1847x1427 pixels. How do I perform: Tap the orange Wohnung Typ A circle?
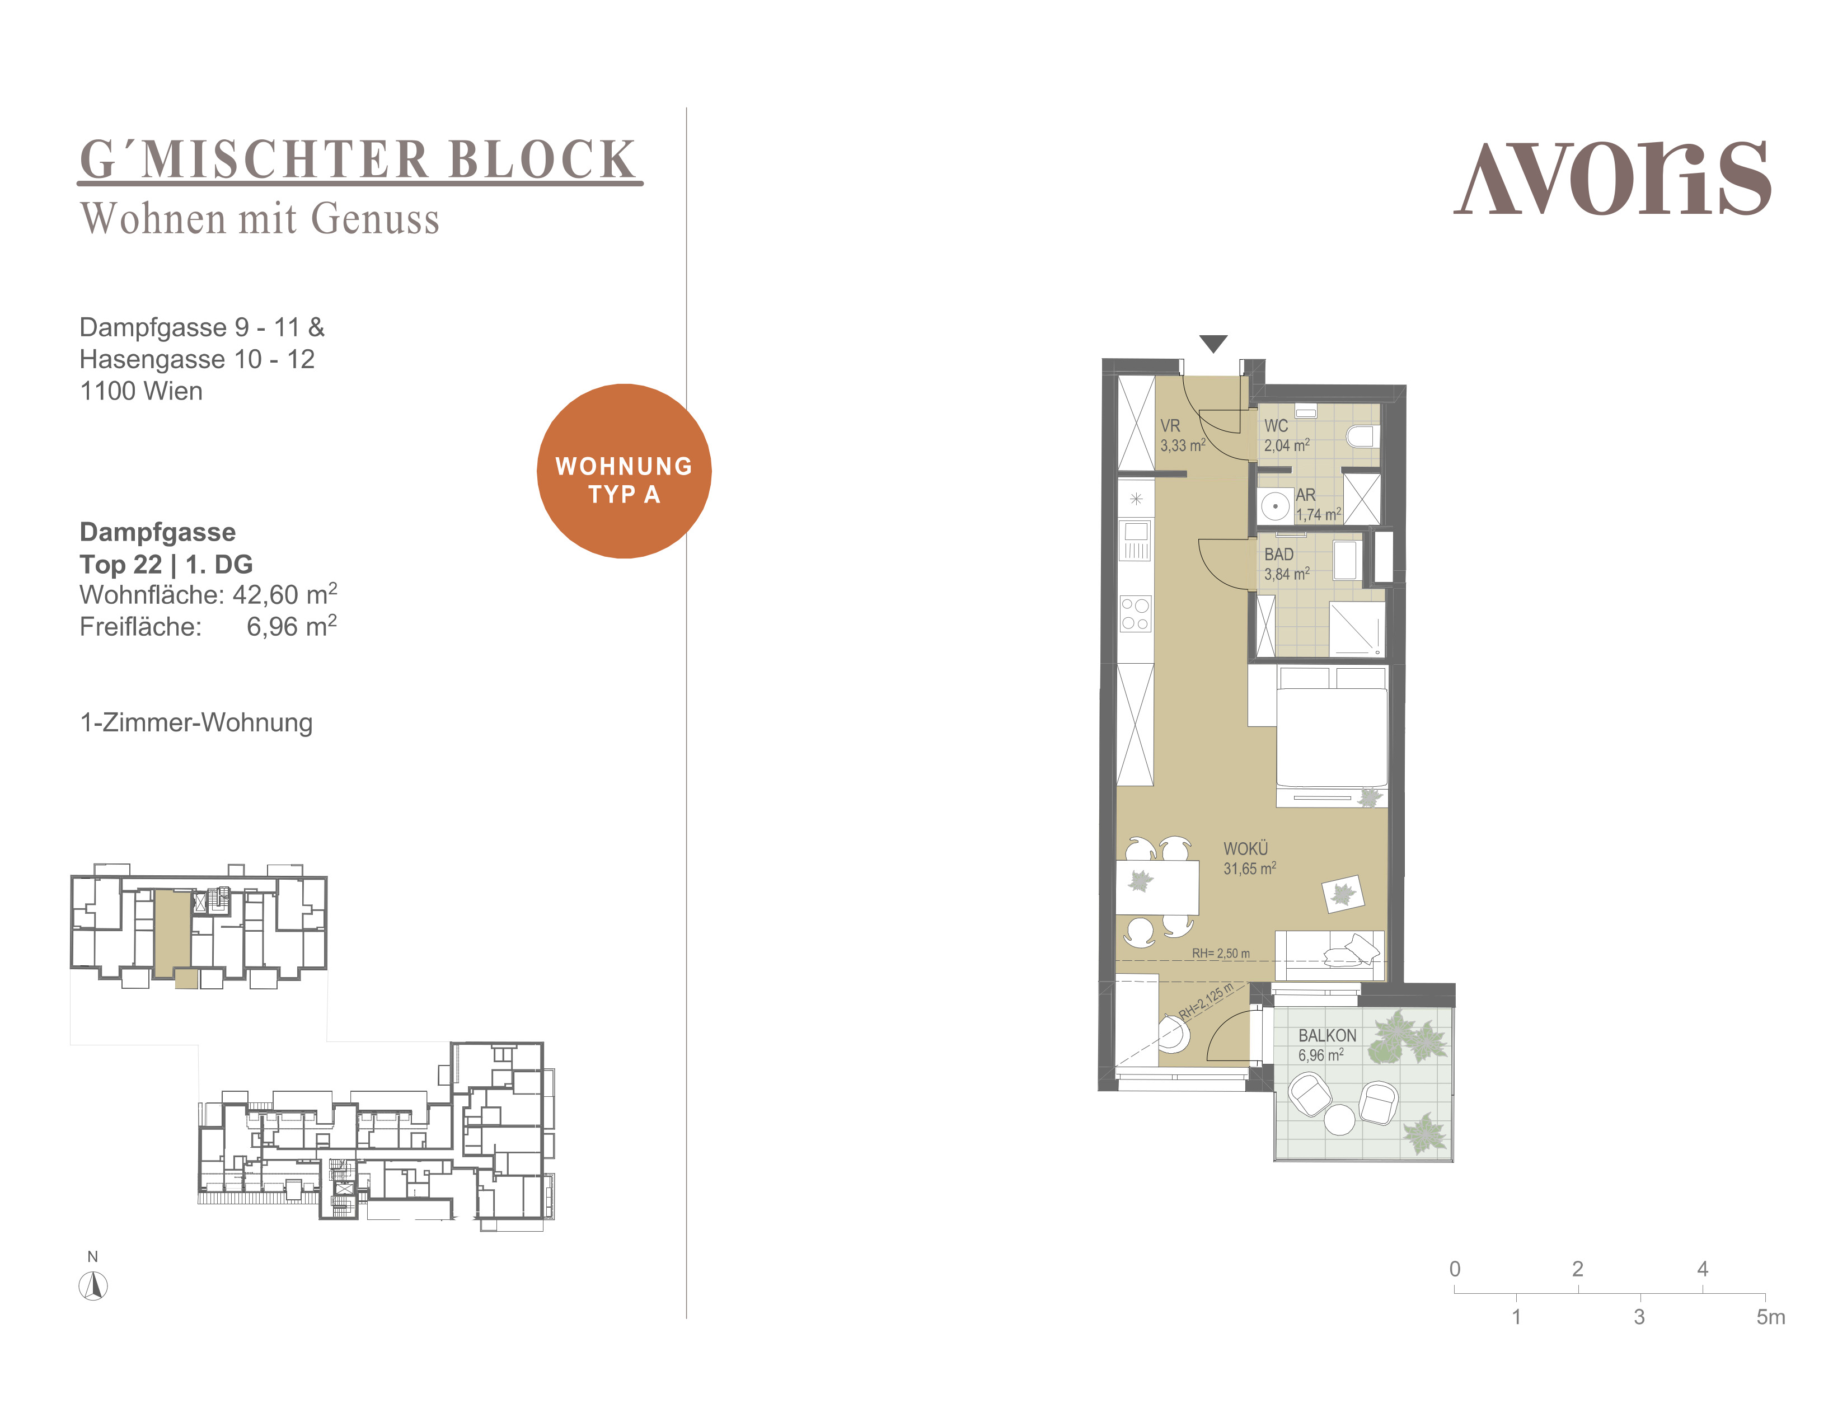624,471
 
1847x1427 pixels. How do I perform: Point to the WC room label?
1276,426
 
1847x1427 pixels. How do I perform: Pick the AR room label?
1306,495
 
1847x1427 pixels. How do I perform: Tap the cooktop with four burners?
1136,614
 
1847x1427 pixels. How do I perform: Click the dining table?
1157,887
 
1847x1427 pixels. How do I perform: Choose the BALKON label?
1327,1036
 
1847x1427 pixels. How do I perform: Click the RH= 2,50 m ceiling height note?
1220,954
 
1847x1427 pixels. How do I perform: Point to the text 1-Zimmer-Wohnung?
196,723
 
